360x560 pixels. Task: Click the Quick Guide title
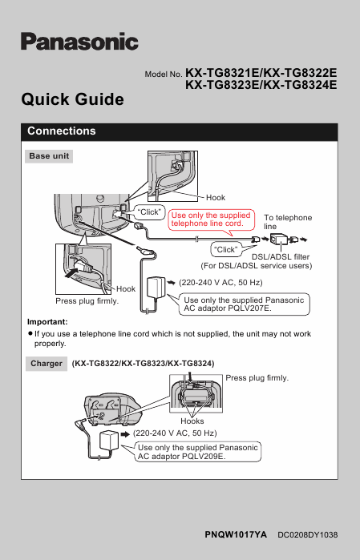72,99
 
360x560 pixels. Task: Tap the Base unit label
50,156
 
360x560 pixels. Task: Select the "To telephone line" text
288,222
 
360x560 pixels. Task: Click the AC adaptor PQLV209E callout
197,452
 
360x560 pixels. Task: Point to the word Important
46,321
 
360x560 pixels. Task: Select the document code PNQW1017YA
235,533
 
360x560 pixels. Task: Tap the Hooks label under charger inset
192,421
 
